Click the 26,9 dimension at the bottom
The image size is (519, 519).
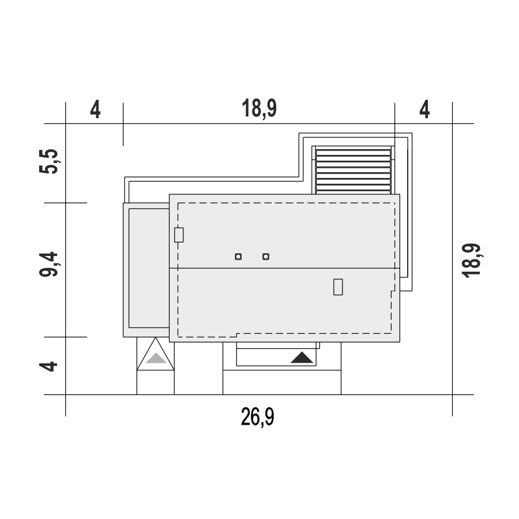(x=258, y=417)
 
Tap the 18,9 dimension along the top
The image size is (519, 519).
(x=259, y=108)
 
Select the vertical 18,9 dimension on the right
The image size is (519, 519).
(x=472, y=261)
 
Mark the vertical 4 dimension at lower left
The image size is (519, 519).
(x=48, y=367)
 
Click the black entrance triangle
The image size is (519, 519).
(x=302, y=358)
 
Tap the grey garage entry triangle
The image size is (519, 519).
(x=156, y=358)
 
